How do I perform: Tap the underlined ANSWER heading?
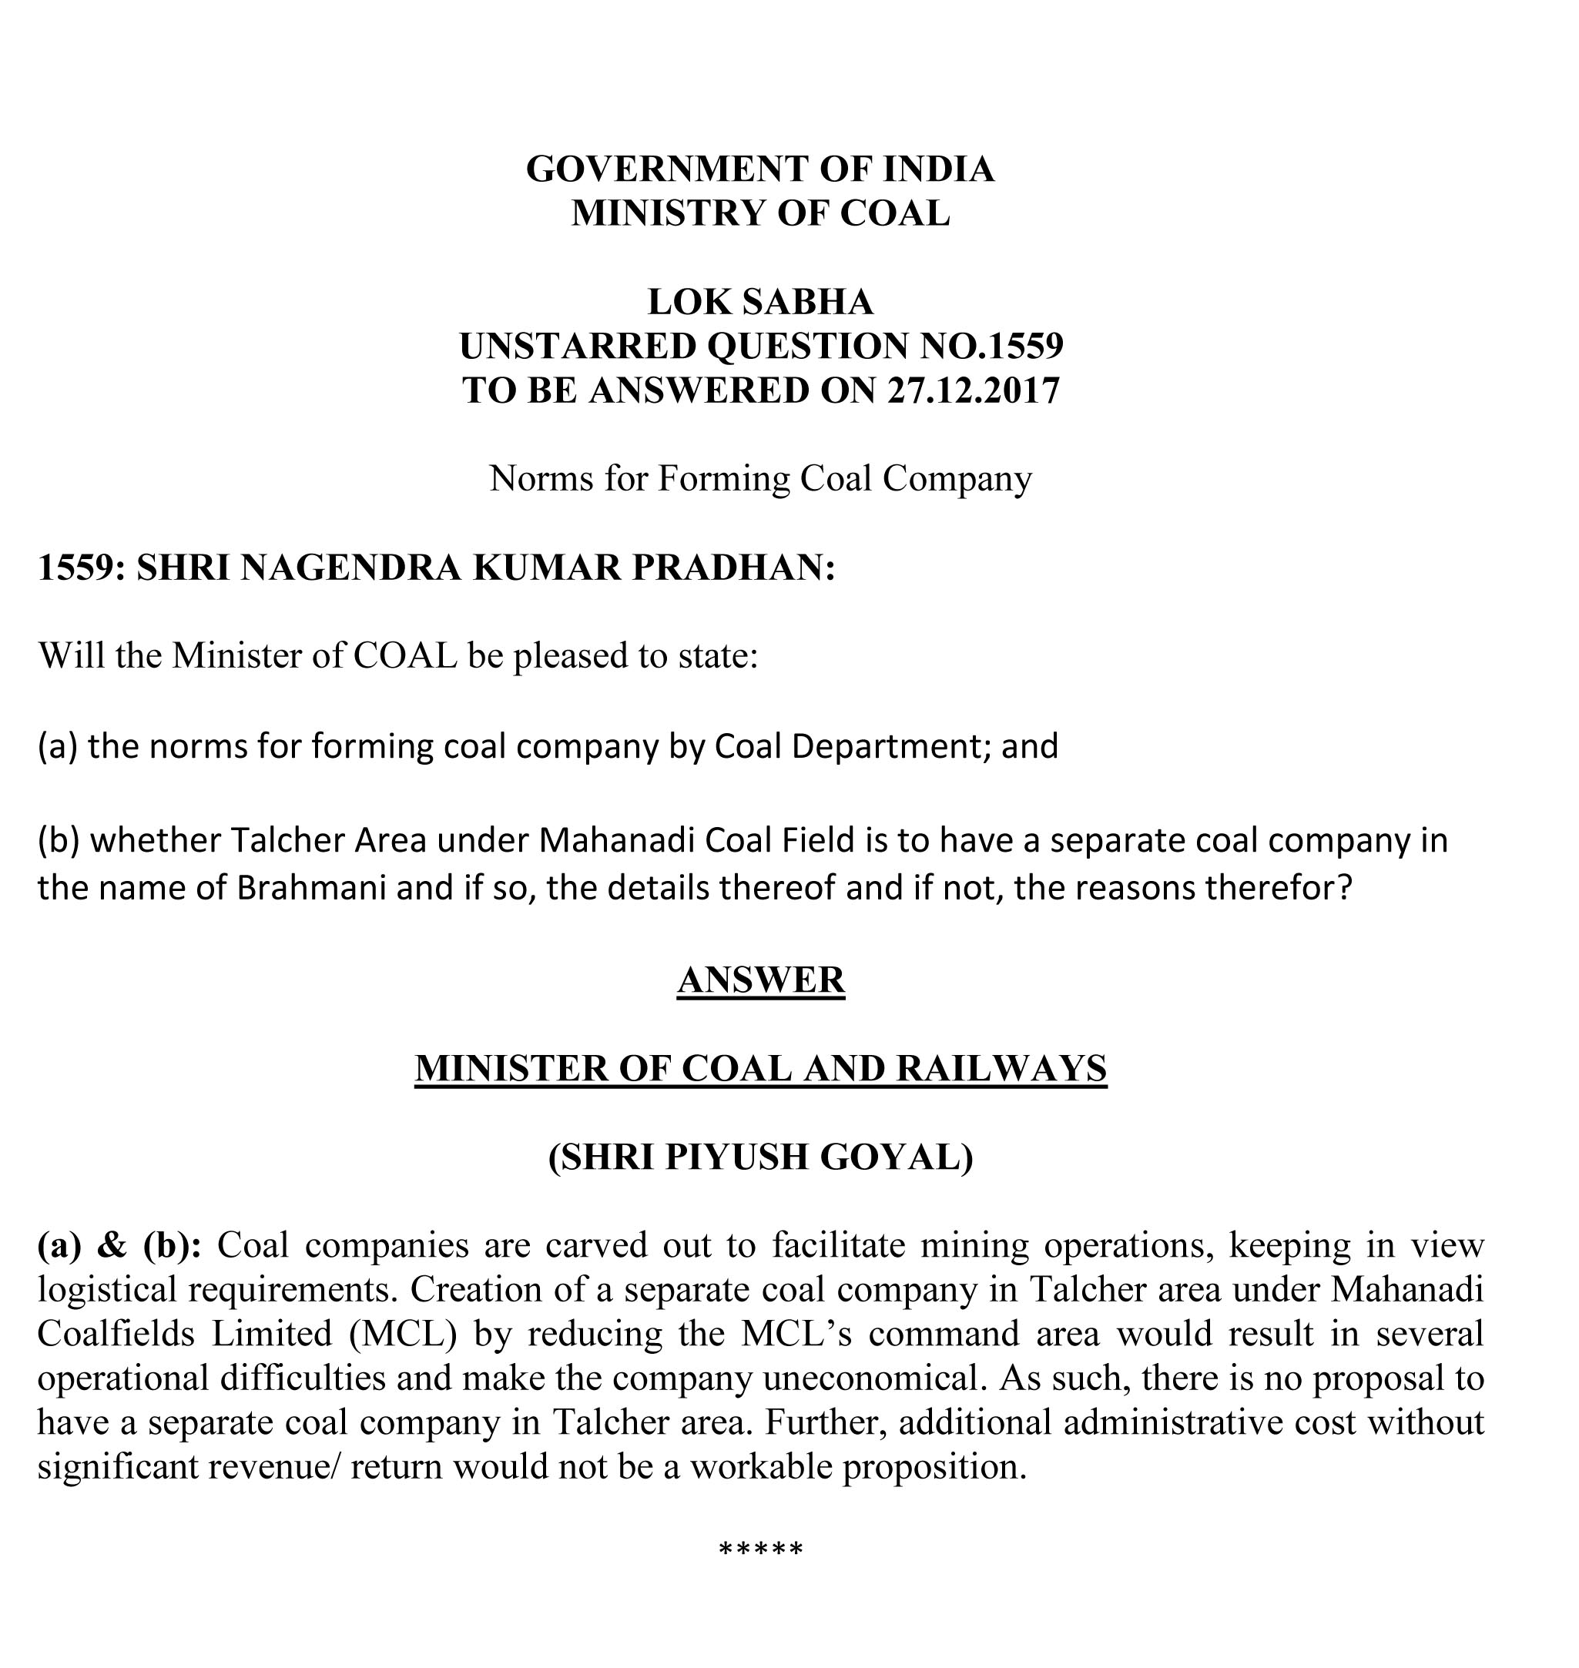coord(760,980)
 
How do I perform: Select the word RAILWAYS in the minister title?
coord(1001,1068)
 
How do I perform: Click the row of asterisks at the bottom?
coord(761,1549)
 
